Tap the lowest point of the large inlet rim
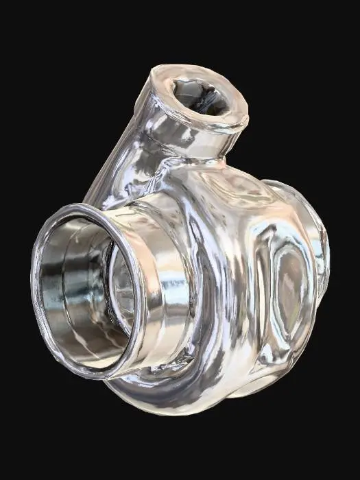coord(103,376)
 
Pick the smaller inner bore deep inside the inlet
coord(122,288)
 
